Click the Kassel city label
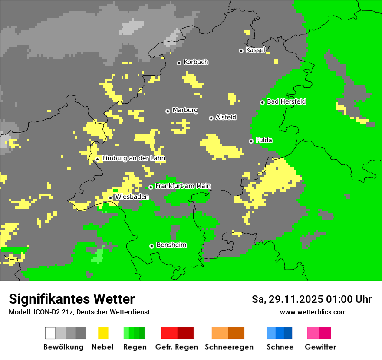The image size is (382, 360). coord(255,50)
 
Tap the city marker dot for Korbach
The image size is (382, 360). coord(179,63)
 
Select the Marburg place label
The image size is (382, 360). coord(185,110)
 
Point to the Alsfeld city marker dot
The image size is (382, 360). coord(211,118)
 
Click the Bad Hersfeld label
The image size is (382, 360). coord(286,101)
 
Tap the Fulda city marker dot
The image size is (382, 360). coord(251,141)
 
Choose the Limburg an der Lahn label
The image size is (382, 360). coord(134,158)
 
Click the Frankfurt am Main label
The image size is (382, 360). coord(183,186)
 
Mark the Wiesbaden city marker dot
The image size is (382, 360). coord(111,198)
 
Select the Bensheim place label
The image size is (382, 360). coord(171,245)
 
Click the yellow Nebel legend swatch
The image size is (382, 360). coord(103,333)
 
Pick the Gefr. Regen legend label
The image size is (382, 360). coord(177,347)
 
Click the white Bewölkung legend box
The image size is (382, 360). coord(50,333)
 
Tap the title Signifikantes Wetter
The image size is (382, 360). coord(72,299)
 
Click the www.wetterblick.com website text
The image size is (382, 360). coord(313,312)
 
